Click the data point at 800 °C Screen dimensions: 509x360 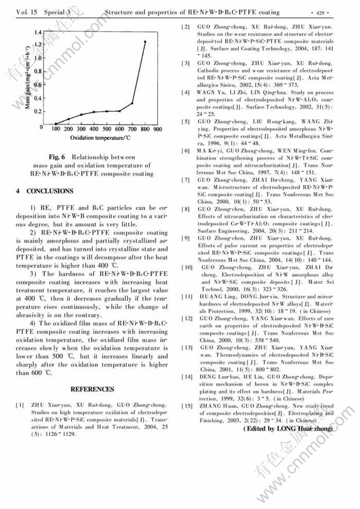tap(145, 41)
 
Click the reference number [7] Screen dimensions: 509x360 tap(186, 180)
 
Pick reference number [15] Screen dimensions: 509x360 tap(187, 406)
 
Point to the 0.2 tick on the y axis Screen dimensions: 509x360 tap(38, 112)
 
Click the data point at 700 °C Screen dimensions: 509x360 tap(132, 103)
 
